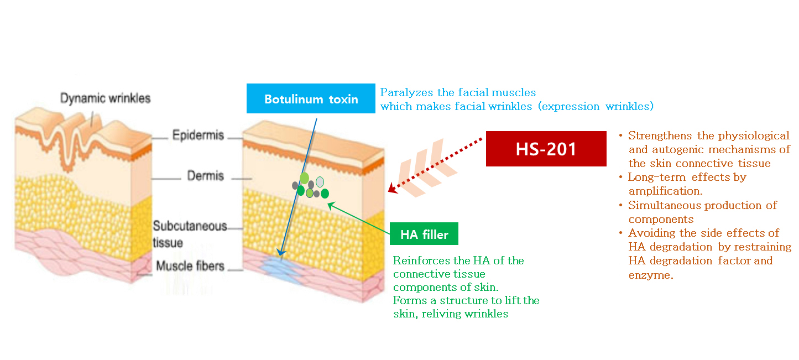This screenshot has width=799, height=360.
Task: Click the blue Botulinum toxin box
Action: [x=311, y=98]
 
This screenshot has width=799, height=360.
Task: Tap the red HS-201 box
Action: [x=546, y=149]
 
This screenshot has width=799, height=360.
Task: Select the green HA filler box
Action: [x=424, y=234]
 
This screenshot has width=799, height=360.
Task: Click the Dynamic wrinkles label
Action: [x=105, y=98]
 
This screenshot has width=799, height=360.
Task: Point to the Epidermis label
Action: [x=198, y=135]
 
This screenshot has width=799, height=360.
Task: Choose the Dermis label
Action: [x=206, y=175]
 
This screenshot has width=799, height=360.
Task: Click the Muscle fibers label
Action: [x=190, y=266]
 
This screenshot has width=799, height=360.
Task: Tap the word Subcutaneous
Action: [x=190, y=226]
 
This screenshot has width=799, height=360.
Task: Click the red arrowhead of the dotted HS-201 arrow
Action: [x=393, y=189]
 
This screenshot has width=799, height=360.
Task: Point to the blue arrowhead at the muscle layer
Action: [x=281, y=252]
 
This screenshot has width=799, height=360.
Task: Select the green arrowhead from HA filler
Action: [x=331, y=205]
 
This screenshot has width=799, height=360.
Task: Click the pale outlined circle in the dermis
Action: [x=320, y=182]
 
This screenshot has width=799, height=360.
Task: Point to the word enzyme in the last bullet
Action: [x=651, y=275]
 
